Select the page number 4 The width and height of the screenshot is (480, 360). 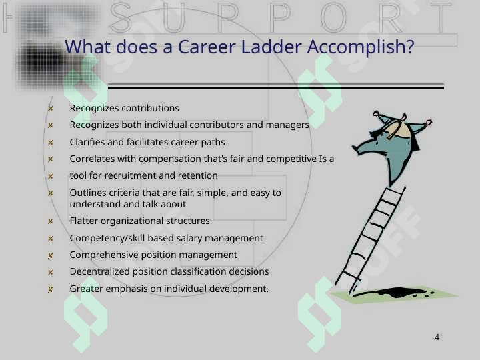tap(437, 337)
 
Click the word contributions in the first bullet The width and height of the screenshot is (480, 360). tap(150, 108)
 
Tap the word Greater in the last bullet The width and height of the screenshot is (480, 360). tap(86, 289)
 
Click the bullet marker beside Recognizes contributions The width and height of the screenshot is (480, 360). tap(51, 109)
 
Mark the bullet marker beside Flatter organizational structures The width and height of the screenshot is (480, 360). tap(51, 221)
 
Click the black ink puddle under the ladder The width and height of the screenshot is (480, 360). tap(394, 293)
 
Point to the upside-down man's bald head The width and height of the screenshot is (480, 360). tap(397, 129)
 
